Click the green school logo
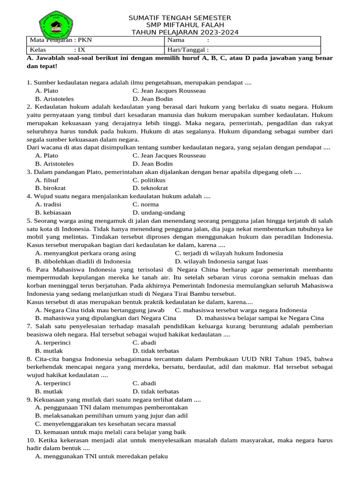56,24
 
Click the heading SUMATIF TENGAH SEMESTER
180,18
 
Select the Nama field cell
242,40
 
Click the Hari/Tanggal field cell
242,50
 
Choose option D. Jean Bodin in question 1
152,99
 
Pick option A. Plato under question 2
47,155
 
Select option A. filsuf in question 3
47,180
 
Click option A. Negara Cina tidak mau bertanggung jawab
99,310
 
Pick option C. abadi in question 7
144,343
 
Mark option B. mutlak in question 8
49,391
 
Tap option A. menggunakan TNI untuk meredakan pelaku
101,456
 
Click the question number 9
29,399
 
